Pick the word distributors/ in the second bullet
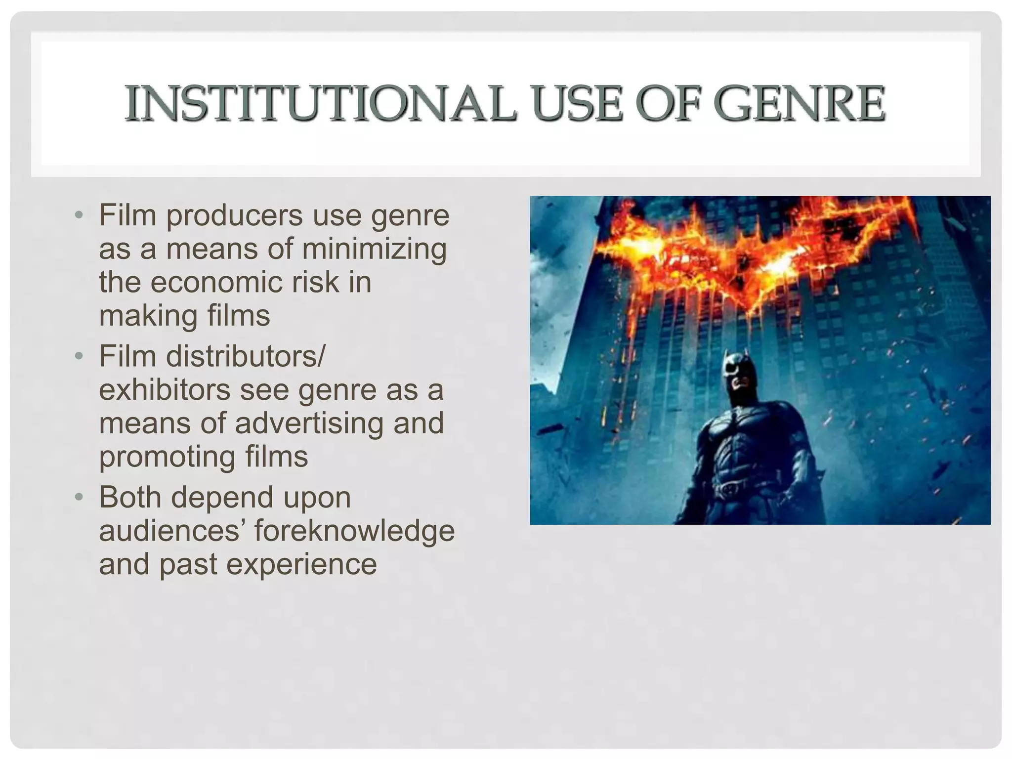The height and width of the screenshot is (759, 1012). (246, 356)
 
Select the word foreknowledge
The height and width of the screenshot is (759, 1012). (354, 531)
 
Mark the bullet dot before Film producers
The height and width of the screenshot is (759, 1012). (79, 215)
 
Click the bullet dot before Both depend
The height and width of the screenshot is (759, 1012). (79, 497)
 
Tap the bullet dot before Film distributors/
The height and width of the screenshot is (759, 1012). (79, 356)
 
